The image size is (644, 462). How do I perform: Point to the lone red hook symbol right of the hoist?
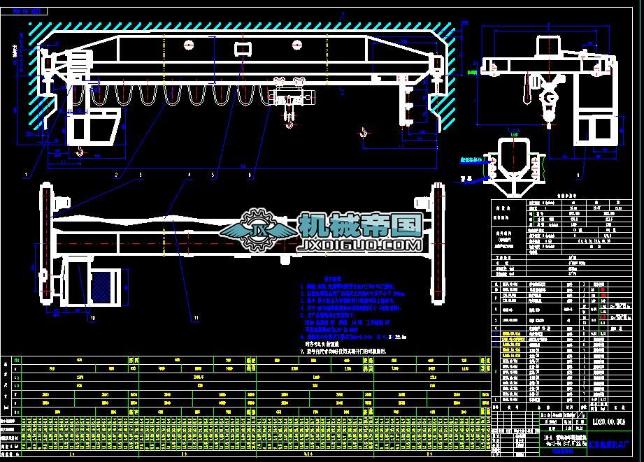[x=363, y=131]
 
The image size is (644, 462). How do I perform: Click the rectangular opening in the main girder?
[x=243, y=48]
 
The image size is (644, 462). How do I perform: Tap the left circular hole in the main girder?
[x=189, y=45]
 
